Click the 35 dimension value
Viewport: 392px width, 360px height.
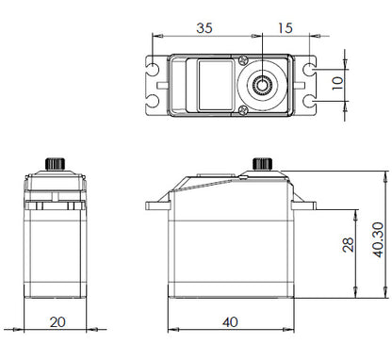[203, 27]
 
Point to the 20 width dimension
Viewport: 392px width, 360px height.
[57, 321]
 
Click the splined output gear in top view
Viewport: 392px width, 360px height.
[262, 85]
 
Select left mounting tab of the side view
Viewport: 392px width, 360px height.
[155, 205]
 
